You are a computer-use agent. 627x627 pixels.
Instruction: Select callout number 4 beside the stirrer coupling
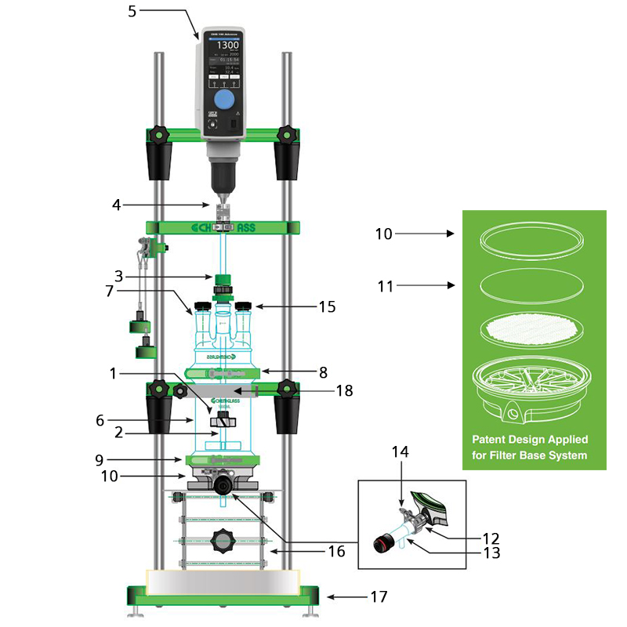click(117, 206)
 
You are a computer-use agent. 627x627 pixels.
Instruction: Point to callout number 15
click(326, 307)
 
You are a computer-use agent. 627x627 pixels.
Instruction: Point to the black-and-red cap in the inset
click(382, 541)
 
